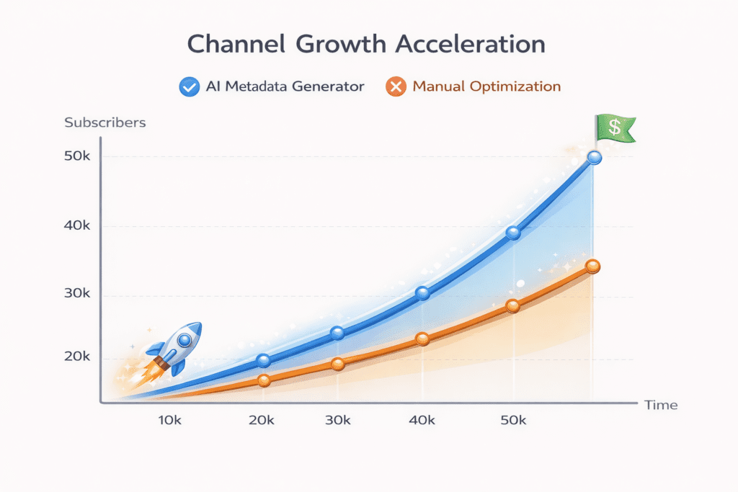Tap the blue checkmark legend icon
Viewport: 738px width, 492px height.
point(189,87)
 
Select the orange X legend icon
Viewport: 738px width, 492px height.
point(396,87)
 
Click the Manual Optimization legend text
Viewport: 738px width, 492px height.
point(486,87)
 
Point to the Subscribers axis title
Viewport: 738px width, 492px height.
point(105,122)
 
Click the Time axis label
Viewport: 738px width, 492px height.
point(661,405)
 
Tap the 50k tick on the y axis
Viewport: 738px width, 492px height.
point(76,157)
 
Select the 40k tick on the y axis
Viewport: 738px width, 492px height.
point(76,226)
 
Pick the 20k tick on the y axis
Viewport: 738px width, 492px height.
point(76,358)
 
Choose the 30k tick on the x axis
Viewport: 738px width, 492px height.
point(337,420)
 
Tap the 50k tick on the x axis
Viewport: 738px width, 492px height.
point(512,420)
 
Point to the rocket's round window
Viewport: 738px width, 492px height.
point(185,339)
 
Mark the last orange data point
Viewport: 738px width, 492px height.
point(592,267)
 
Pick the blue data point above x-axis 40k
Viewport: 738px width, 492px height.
point(422,293)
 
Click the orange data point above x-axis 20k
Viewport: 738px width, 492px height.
point(264,380)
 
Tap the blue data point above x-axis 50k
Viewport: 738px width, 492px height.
point(513,233)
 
